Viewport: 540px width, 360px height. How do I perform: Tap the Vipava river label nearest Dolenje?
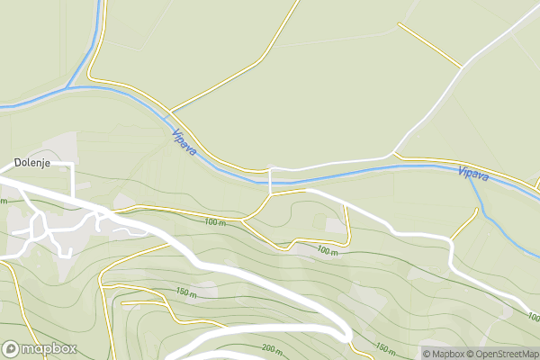pyautogui.click(x=184, y=143)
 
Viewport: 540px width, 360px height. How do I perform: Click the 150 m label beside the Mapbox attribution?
pyautogui.click(x=384, y=347)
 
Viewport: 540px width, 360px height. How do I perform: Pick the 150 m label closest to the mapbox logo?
pyautogui.click(x=186, y=292)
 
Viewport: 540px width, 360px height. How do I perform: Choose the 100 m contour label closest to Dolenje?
pyautogui.click(x=214, y=221)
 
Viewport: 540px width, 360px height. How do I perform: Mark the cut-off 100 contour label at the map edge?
pyautogui.click(x=534, y=317)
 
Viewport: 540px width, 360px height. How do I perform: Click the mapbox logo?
pyautogui.click(x=39, y=348)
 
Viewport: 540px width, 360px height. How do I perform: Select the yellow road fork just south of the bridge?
pyautogui.click(x=271, y=193)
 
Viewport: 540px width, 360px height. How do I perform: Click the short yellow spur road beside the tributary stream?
pyautogui.click(x=463, y=225)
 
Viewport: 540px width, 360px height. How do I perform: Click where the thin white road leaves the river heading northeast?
pyautogui.click(x=394, y=154)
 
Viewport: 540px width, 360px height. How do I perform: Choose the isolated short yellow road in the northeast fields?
pyautogui.click(x=429, y=44)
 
